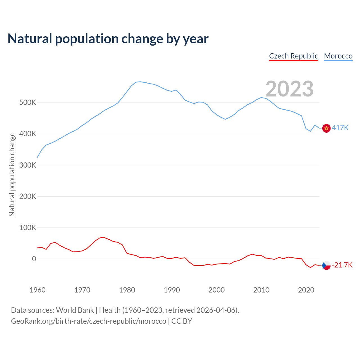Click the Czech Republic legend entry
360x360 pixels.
pos(293,56)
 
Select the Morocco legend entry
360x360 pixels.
pos(338,56)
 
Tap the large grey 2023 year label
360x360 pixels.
pos(289,89)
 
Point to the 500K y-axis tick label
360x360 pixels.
pos(28,102)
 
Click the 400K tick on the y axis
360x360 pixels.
pos(28,134)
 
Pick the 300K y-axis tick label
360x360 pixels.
pos(28,165)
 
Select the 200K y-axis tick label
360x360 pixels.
pos(28,196)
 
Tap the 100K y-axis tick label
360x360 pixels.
pos(28,228)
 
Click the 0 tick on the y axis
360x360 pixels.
pos(34,259)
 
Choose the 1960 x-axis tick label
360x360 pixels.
pos(37,290)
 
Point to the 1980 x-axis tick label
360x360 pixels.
pos(127,290)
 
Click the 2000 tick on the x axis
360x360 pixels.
pos(217,290)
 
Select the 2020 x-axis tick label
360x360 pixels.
pos(306,290)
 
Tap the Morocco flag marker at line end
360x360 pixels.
pos(326,128)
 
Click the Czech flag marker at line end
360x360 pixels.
pos(326,265)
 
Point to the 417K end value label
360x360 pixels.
pos(340,128)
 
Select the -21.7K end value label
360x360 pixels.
pos(342,265)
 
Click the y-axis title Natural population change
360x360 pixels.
pos(12,175)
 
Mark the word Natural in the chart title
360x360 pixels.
pos(30,39)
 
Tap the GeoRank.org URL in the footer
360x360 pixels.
pos(89,321)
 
